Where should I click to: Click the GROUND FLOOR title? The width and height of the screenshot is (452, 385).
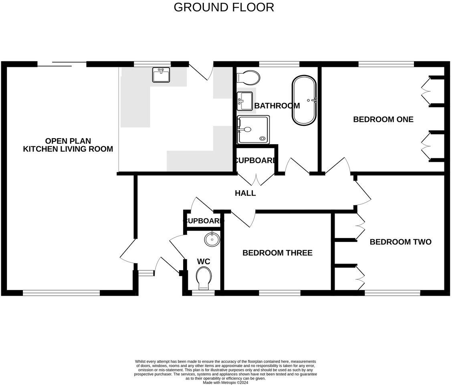click(224, 7)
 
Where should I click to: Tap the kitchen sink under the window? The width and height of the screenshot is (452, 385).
click(161, 75)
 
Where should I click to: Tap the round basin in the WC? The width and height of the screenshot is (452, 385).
click(212, 239)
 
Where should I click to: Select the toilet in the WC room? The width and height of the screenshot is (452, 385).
click(204, 278)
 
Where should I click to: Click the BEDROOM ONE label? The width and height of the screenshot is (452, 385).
click(383, 119)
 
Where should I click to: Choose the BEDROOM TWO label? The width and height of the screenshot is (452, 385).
click(400, 242)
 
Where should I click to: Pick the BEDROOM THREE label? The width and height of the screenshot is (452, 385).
click(277, 253)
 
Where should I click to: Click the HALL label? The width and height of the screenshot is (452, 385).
click(245, 193)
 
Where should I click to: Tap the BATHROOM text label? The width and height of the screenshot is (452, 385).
click(277, 106)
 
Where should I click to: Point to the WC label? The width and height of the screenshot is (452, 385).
click(204, 262)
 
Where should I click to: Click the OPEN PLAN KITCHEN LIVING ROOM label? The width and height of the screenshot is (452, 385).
click(68, 145)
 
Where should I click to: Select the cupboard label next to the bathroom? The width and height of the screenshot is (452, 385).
click(255, 161)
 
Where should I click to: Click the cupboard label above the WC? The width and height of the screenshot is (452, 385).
click(203, 221)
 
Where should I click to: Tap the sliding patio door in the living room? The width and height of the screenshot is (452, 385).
click(62, 64)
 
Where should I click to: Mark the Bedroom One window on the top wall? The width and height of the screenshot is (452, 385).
click(386, 64)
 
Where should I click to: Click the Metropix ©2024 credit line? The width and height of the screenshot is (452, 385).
click(225, 382)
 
